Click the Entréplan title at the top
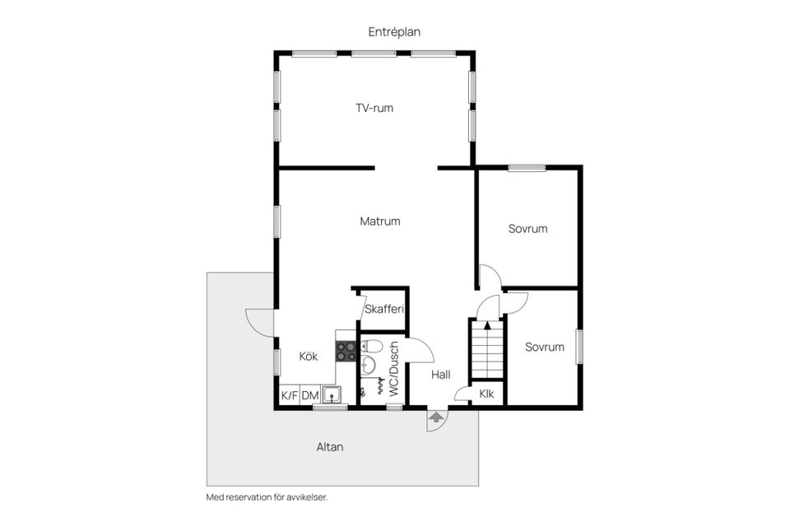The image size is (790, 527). pyautogui.click(x=394, y=31)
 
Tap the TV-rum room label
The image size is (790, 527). pyautogui.click(x=374, y=108)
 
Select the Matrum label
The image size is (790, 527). pyautogui.click(x=379, y=221)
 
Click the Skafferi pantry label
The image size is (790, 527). pyautogui.click(x=383, y=309)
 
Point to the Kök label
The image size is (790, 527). pyautogui.click(x=309, y=357)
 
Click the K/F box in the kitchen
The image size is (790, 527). pyautogui.click(x=289, y=396)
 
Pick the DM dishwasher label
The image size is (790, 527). pyautogui.click(x=309, y=396)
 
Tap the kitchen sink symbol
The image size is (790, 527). pyautogui.click(x=331, y=394)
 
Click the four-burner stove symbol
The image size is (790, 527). pyautogui.click(x=346, y=352)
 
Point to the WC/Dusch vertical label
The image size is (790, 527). pyautogui.click(x=393, y=369)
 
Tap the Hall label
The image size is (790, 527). pyautogui.click(x=440, y=374)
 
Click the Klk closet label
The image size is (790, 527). pyautogui.click(x=486, y=394)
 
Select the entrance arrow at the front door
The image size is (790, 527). pyautogui.click(x=435, y=419)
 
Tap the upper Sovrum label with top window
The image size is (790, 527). pyautogui.click(x=527, y=229)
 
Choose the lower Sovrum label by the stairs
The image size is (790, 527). pyautogui.click(x=545, y=347)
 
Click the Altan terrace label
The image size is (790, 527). pyautogui.click(x=330, y=447)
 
